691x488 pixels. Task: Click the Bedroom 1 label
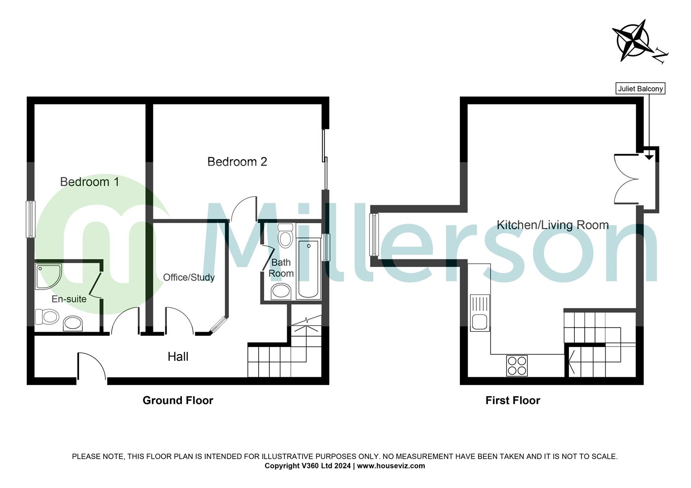point(90,182)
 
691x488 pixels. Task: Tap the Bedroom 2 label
point(237,161)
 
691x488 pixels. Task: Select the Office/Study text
point(189,277)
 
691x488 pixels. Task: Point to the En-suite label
point(69,299)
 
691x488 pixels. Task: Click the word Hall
point(178,357)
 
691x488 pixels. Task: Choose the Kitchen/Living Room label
point(552,225)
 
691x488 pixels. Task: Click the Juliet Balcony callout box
point(641,89)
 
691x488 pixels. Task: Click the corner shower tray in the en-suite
point(47,275)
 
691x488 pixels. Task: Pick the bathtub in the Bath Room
point(308,269)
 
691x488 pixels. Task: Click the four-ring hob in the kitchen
point(516,366)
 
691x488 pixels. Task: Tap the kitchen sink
point(479,313)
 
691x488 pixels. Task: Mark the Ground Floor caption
point(178,400)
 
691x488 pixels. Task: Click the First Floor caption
point(512,400)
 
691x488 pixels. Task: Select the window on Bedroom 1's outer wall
point(30,219)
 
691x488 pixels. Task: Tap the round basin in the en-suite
point(73,323)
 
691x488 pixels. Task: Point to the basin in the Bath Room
point(281,292)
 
